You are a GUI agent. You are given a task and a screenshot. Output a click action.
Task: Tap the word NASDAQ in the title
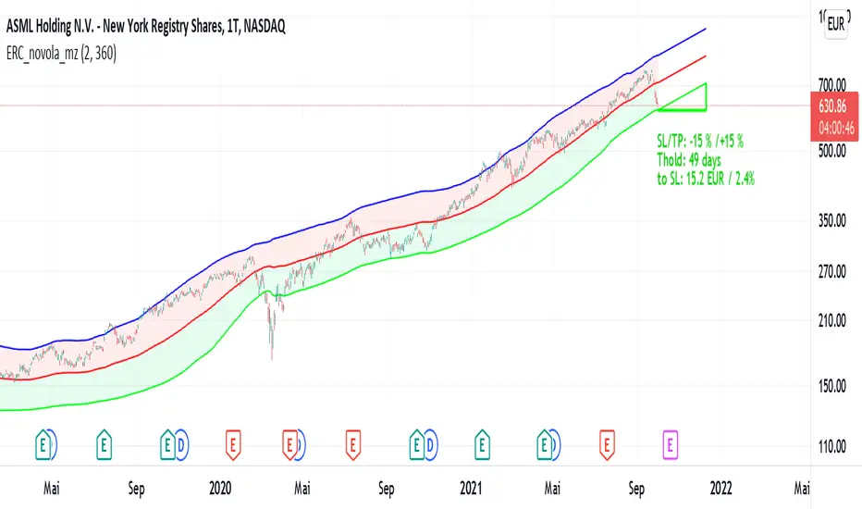tap(258, 28)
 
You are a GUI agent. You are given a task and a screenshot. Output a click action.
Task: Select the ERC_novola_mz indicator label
tap(46, 53)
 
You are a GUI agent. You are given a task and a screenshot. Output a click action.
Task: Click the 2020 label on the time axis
tap(220, 484)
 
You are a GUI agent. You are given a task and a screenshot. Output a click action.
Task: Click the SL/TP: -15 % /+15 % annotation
tap(698, 141)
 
